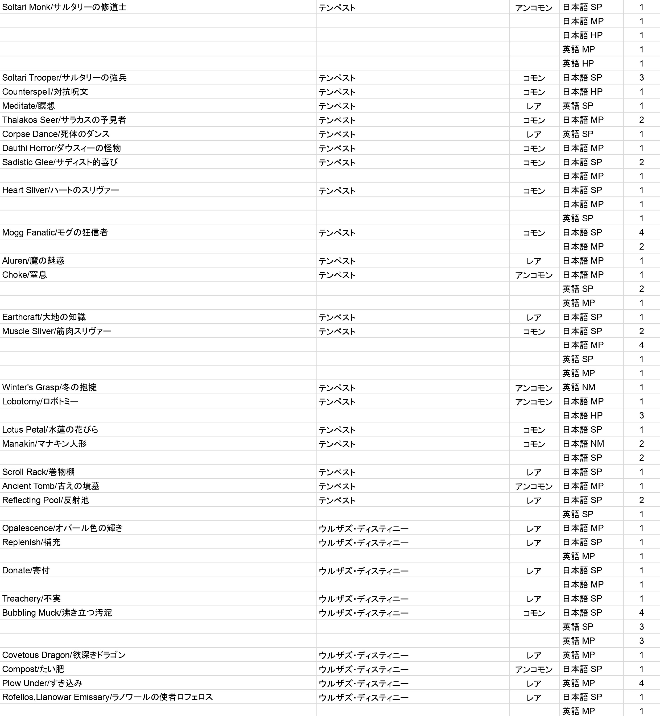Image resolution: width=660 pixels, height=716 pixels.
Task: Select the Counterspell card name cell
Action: coord(45,92)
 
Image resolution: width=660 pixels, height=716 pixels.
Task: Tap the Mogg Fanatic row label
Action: coord(55,233)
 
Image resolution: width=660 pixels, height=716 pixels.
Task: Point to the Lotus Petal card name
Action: coord(50,430)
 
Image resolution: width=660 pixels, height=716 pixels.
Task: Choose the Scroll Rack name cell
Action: coord(38,472)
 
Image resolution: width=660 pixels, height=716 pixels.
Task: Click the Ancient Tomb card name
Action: coord(51,486)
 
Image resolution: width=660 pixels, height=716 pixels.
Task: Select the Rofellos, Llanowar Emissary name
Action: coord(107,697)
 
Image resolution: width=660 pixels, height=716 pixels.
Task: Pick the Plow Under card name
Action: coord(42,683)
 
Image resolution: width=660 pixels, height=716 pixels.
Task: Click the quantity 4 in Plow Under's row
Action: coord(641,683)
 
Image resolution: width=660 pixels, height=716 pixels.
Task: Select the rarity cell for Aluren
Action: coord(534,261)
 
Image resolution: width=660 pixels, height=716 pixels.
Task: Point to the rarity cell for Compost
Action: coord(534,669)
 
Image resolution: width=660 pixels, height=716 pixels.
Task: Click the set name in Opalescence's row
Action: coord(364,528)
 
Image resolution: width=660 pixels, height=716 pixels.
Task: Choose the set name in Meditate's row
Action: coord(337,106)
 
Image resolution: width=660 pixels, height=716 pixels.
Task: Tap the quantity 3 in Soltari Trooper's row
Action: coord(641,77)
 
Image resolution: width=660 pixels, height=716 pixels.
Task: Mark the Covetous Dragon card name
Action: coord(64,655)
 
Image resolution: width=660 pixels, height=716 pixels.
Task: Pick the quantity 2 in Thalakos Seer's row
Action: coord(641,120)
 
